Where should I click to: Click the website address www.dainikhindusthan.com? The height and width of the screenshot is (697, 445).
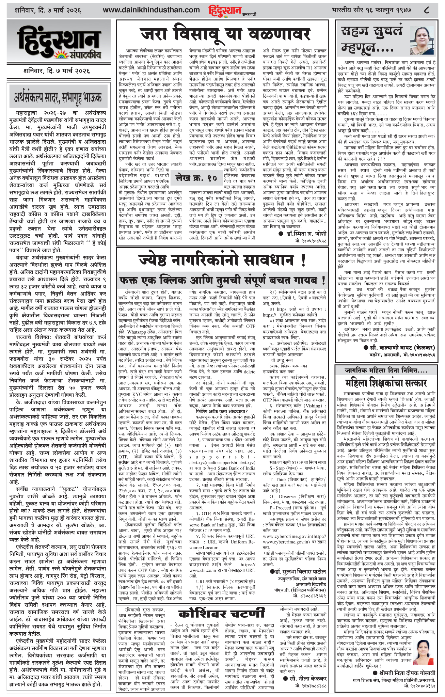[x=151, y=10]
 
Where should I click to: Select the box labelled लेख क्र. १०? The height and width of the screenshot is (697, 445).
[x=196, y=178]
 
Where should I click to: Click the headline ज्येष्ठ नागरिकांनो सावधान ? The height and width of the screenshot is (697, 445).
[x=222, y=262]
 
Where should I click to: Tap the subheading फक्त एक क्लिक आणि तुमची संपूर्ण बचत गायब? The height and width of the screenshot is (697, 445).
[x=222, y=281]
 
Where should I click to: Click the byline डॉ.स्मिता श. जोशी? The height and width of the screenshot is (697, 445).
[x=302, y=234]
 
